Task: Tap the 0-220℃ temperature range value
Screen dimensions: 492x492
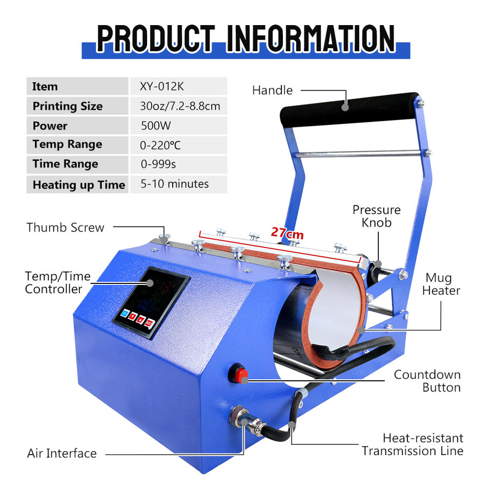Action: pyautogui.click(x=160, y=145)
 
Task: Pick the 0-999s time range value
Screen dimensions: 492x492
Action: pyautogui.click(x=158, y=165)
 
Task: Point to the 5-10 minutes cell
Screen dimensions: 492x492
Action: pyautogui.click(x=174, y=184)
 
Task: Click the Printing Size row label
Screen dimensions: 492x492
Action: pyautogui.click(x=67, y=106)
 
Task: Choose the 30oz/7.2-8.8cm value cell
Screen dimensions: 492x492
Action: pyautogui.click(x=180, y=106)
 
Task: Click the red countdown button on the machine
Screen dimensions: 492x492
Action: pyautogui.click(x=240, y=374)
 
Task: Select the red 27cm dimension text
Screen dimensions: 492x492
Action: pyautogui.click(x=288, y=233)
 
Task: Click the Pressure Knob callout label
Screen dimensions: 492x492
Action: pyautogui.click(x=376, y=216)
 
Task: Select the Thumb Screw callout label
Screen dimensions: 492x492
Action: pyautogui.click(x=65, y=227)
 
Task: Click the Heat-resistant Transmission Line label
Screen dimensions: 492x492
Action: pyautogui.click(x=413, y=444)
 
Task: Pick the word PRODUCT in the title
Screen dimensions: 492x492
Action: pyautogui.click(x=155, y=38)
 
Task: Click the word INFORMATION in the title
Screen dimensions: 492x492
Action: pyautogui.click(x=311, y=38)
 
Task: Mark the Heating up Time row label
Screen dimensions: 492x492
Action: pyautogui.click(x=78, y=185)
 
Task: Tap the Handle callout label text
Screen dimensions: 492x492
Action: pyautogui.click(x=272, y=90)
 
